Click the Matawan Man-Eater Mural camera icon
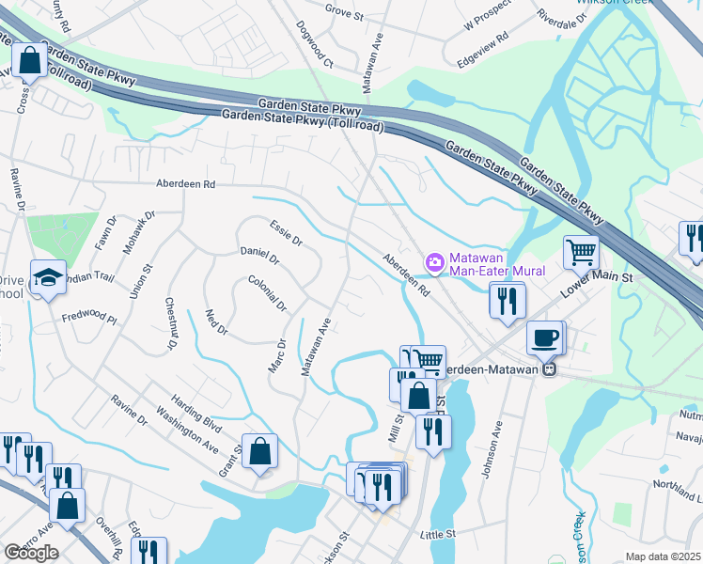point(434,259)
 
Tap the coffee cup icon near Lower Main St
point(544,337)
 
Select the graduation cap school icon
point(48,277)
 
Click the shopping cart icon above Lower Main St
point(582,251)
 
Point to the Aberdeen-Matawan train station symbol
point(553,369)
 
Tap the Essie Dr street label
point(285,234)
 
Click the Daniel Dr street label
point(260,256)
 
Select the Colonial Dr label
point(268,293)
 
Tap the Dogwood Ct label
point(315,46)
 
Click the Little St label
point(438,533)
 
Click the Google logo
point(31,553)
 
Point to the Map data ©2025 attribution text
point(662,556)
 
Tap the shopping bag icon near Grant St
point(260,450)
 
